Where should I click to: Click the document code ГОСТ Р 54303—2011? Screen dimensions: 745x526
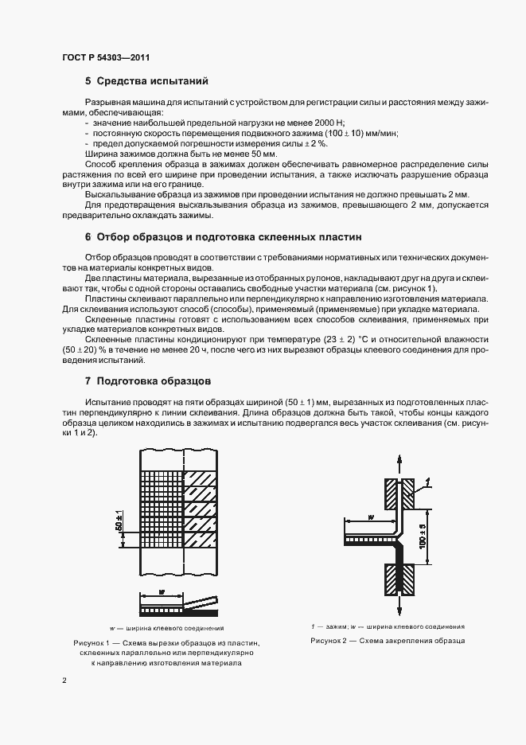(105, 57)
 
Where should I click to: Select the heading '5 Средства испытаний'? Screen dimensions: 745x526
(148, 81)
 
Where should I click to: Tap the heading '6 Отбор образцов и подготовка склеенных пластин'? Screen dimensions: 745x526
(223, 237)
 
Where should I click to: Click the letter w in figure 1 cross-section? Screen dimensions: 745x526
(162, 592)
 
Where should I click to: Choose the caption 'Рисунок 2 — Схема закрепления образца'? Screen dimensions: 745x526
(387, 641)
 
